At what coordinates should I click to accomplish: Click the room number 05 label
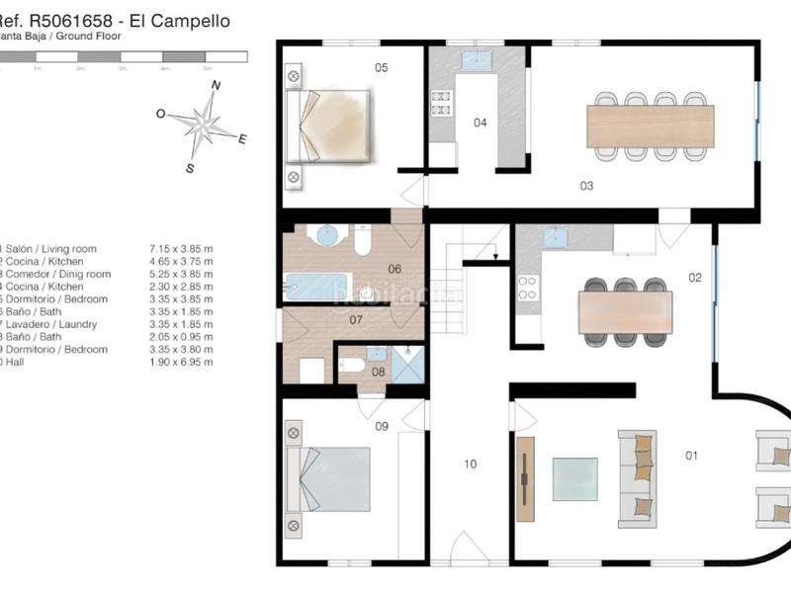381,67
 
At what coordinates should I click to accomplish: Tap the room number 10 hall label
470,463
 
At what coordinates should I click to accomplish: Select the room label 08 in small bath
379,373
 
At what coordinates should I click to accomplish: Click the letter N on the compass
216,86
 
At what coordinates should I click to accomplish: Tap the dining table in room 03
650,126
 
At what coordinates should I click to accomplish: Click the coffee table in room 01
574,479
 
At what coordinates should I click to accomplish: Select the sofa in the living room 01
638,479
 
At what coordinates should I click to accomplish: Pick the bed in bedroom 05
331,125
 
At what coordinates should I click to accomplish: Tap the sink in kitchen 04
477,61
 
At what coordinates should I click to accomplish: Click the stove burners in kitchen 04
441,103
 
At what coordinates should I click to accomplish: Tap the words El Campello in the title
193,19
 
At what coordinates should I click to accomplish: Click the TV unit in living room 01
525,479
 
